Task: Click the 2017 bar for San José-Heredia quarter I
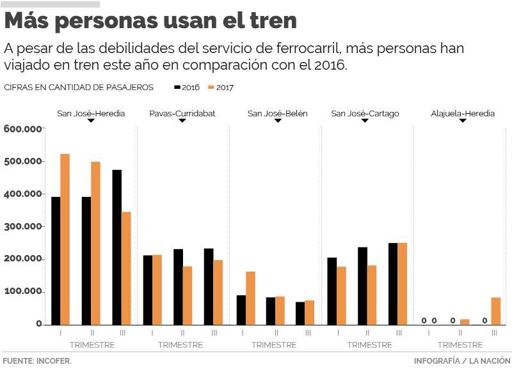click(x=65, y=239)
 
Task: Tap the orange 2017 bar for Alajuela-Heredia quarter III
click(x=496, y=311)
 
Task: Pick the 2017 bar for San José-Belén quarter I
click(x=250, y=298)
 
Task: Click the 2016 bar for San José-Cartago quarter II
click(x=362, y=286)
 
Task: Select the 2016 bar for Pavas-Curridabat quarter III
click(x=209, y=286)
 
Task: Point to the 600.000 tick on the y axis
click(x=23, y=128)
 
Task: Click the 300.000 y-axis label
click(x=23, y=226)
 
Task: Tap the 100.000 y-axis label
click(x=23, y=292)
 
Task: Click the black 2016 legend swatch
click(x=177, y=87)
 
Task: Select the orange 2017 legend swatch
click(x=212, y=87)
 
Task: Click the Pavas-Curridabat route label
click(x=182, y=113)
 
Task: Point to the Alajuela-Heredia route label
click(x=463, y=113)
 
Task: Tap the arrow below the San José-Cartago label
click(x=365, y=121)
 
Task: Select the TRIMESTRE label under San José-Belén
click(x=274, y=345)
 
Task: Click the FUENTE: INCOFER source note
click(x=36, y=361)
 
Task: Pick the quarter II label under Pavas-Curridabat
click(x=182, y=333)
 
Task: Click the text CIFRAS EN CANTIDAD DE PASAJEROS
click(x=78, y=87)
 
